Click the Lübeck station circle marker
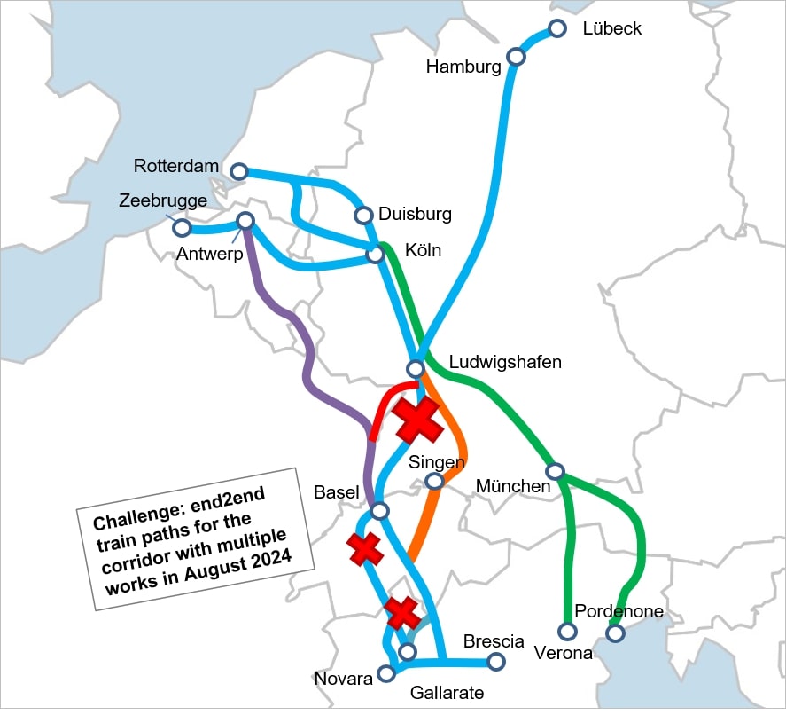(557, 28)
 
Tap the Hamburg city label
(463, 67)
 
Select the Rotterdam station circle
(238, 170)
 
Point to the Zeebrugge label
(163, 200)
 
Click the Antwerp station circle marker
(245, 220)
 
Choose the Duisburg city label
(415, 214)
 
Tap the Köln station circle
(376, 255)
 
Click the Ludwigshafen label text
(505, 362)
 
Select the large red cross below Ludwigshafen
(418, 420)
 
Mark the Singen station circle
(434, 481)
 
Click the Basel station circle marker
(380, 511)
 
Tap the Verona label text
(564, 654)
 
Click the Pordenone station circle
(614, 632)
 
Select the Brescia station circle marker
(496, 662)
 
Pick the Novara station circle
(386, 673)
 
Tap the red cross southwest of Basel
(364, 550)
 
